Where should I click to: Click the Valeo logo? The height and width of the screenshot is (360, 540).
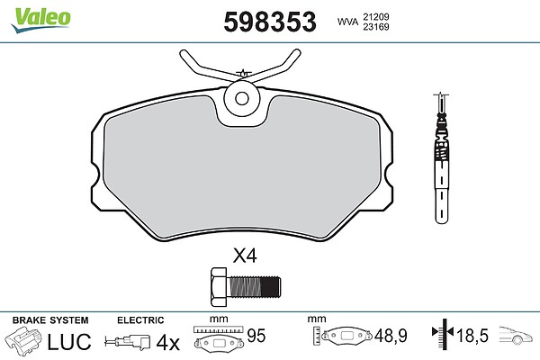pos(40,20)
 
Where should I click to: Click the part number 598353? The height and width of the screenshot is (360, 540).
pos(270,22)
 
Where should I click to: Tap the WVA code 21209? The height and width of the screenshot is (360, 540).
pos(376,17)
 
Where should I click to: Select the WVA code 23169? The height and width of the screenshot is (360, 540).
pos(376,26)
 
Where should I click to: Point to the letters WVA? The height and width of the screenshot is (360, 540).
pos(347,22)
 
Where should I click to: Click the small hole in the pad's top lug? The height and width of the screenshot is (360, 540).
pos(242,98)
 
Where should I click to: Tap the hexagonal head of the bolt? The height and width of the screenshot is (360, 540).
pos(219,286)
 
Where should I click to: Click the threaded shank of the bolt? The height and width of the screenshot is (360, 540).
pos(254,286)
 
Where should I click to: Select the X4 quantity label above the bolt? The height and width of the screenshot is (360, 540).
pos(245,256)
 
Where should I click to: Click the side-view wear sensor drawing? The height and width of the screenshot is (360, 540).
pos(442,158)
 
